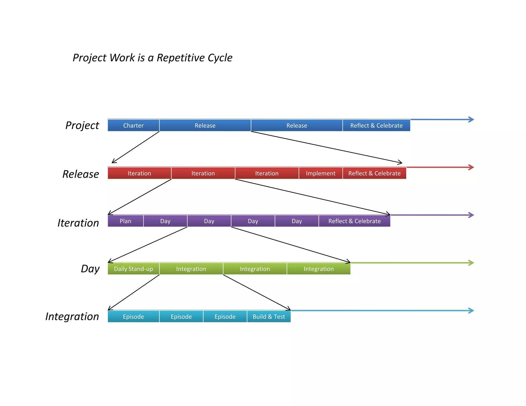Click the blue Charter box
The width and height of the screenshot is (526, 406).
pos(133,125)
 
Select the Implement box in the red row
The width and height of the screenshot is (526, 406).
pos(321,173)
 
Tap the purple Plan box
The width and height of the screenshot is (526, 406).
pos(125,221)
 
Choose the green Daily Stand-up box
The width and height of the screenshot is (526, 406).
pos(133,269)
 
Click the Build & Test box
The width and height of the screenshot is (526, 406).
pos(269,316)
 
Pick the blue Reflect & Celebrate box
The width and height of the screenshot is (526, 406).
pos(376,125)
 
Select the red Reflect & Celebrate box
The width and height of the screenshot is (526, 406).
pos(374,173)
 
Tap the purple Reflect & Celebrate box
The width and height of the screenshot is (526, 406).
pos(354,221)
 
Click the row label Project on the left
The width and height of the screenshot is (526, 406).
pos(82,125)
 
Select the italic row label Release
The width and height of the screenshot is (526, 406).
pos(81,174)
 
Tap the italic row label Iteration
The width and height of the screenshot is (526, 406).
pos(78,223)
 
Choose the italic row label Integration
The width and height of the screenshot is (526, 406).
pos(72,316)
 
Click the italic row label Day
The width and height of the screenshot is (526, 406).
pos(90,269)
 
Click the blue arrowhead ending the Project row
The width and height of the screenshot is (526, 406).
pos(471,120)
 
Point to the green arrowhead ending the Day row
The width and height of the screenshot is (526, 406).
pos(471,263)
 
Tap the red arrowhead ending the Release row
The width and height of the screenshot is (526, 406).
pos(471,167)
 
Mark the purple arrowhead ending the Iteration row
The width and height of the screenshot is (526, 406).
pos(471,215)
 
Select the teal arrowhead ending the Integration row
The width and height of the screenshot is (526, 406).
pos(471,311)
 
